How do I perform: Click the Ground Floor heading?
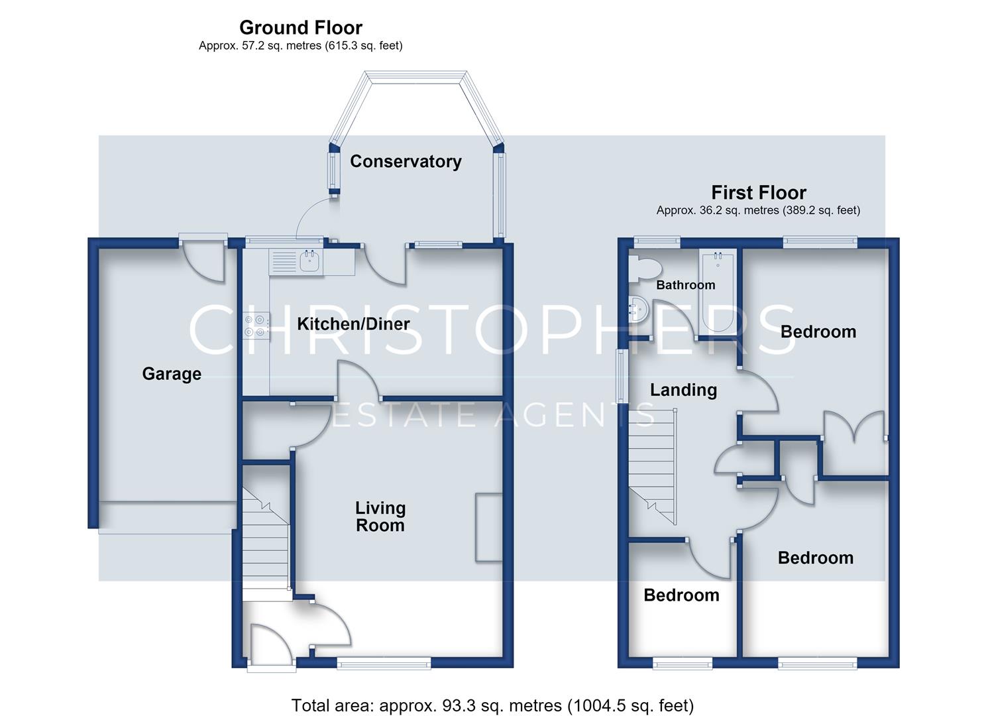click(301, 28)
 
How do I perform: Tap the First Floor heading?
click(759, 192)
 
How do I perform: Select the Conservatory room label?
click(406, 161)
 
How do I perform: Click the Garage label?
click(172, 374)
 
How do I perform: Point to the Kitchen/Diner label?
click(353, 324)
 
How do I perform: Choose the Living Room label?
click(380, 516)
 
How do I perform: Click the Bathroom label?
click(686, 285)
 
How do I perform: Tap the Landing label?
click(684, 390)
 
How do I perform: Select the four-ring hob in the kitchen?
click(256, 326)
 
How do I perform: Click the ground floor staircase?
click(265, 538)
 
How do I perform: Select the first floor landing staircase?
click(652, 467)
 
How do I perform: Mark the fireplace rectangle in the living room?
click(488, 528)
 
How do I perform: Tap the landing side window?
click(621, 376)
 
